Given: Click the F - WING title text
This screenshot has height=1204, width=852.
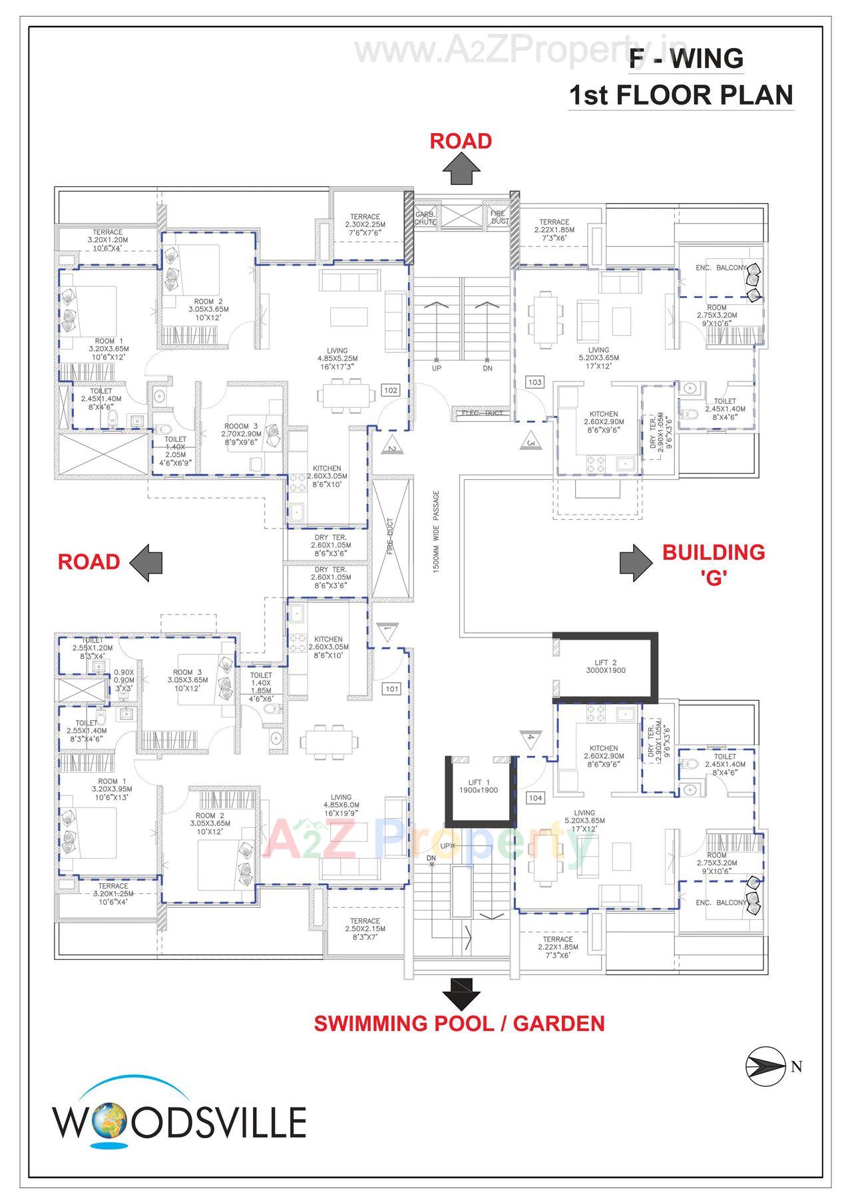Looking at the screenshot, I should click(x=686, y=59).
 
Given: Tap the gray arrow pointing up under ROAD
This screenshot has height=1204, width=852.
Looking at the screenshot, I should click(x=461, y=168).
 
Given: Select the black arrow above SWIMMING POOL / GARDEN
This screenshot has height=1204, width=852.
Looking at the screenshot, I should click(x=461, y=994).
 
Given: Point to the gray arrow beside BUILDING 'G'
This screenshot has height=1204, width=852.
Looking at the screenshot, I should click(x=636, y=562).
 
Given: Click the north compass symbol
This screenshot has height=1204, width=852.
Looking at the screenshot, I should click(x=765, y=1066).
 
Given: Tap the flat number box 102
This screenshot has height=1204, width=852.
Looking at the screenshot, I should click(x=391, y=391).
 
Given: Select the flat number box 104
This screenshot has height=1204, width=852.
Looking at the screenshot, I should click(x=535, y=797).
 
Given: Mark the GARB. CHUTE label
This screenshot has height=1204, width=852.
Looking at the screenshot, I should click(x=425, y=218).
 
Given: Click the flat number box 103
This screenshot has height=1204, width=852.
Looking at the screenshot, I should click(x=534, y=382).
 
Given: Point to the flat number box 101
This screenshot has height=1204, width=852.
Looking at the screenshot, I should click(x=392, y=689).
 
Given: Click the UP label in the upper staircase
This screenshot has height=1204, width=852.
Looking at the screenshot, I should click(x=437, y=367).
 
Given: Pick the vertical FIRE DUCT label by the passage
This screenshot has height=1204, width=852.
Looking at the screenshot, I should click(x=391, y=536).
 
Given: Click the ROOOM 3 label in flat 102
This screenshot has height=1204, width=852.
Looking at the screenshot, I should click(x=240, y=426).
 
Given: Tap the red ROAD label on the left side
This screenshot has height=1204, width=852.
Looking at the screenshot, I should click(x=89, y=562).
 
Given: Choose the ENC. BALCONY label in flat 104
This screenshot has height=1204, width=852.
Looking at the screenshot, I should click(x=720, y=903).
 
